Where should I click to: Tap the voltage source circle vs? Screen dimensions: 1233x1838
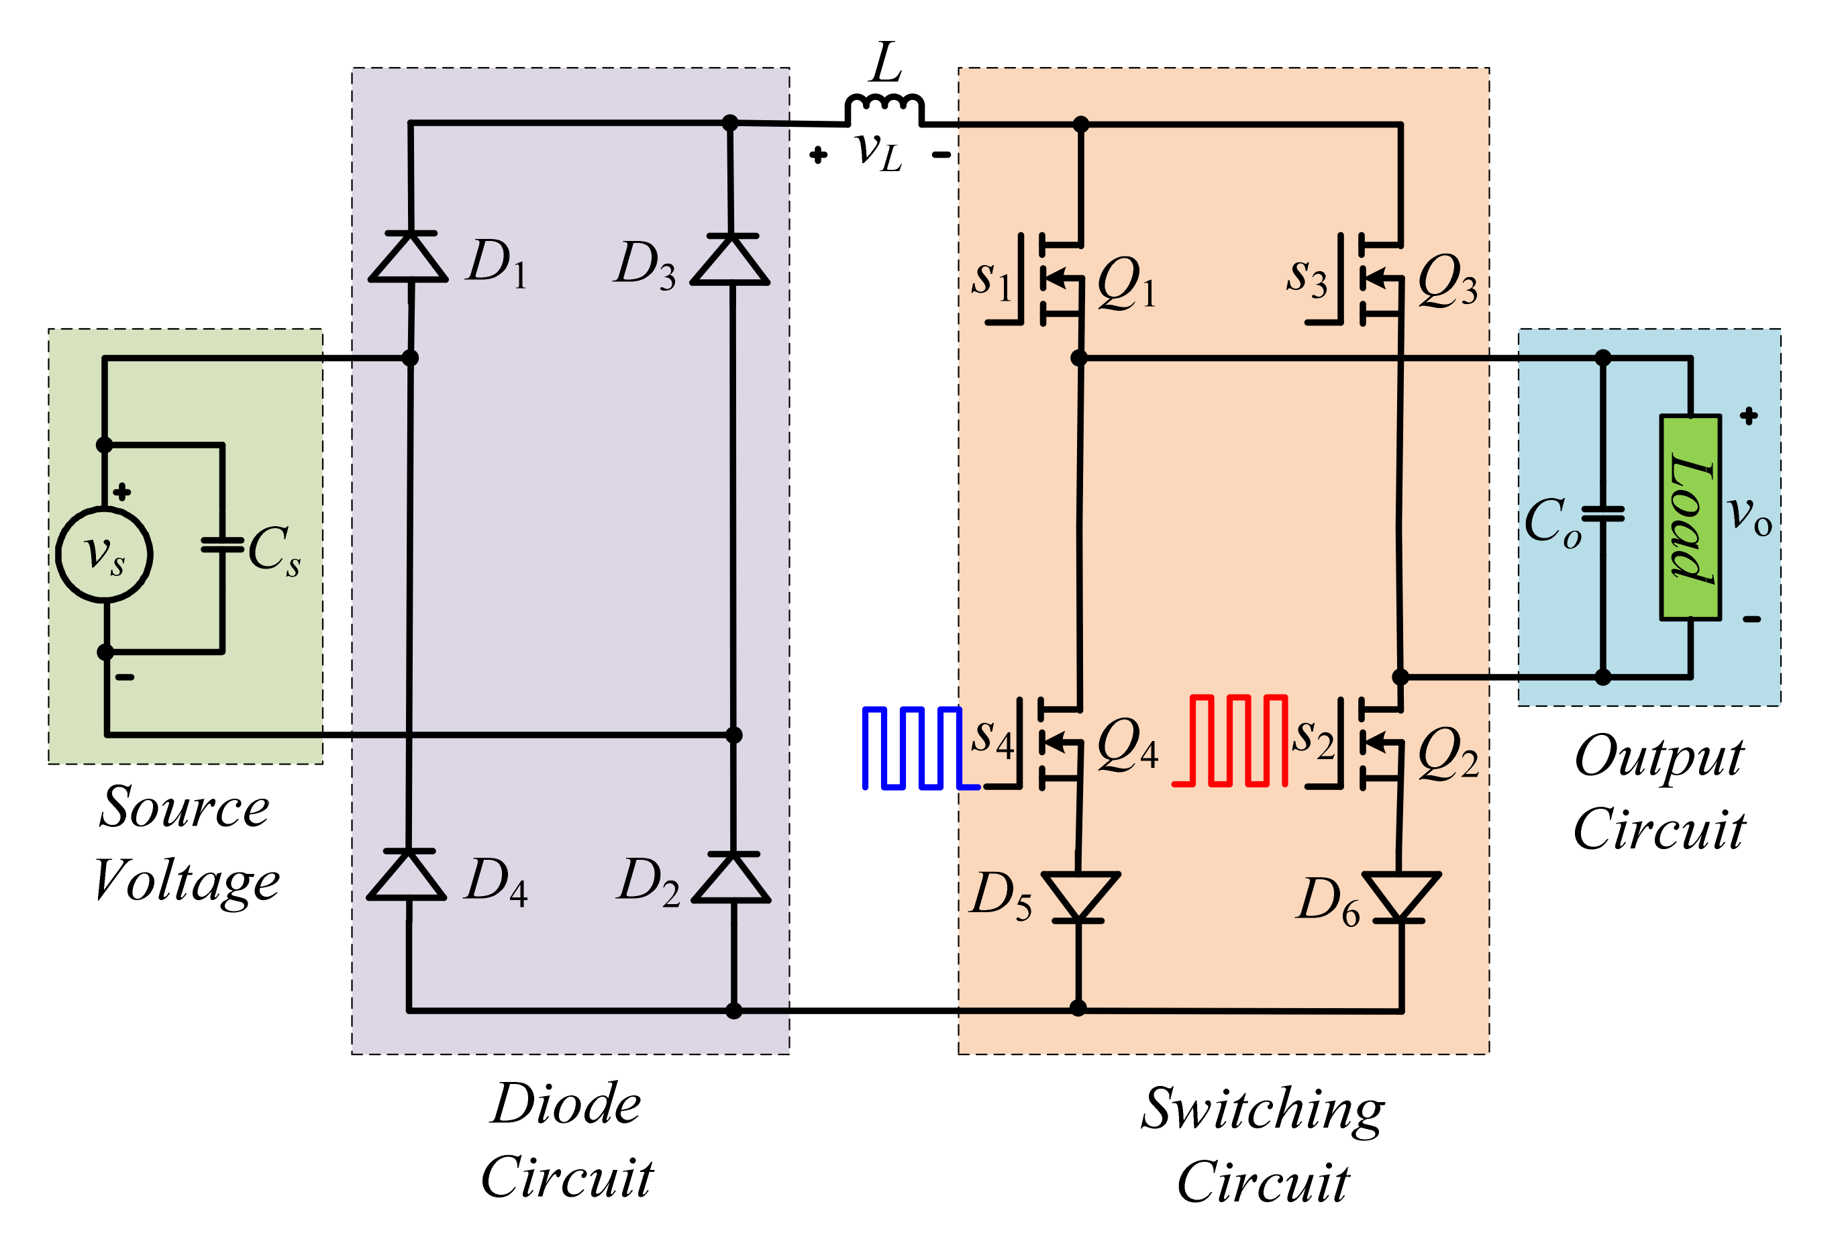[x=105, y=555]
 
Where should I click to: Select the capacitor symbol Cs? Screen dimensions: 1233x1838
[x=223, y=544]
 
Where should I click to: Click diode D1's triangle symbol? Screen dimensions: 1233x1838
[x=409, y=257]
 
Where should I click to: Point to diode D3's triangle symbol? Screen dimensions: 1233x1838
[x=730, y=260]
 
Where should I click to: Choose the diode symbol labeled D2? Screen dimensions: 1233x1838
[x=732, y=877]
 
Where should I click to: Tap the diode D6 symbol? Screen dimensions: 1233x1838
[x=1401, y=897]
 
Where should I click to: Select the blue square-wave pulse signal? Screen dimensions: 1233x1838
[x=916, y=748]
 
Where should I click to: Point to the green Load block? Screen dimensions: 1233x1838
[x=1690, y=517]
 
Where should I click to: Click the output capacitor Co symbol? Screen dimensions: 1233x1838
[x=1603, y=514]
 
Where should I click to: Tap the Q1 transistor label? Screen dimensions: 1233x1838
[x=1126, y=283]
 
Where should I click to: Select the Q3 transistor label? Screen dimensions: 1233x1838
[x=1447, y=281]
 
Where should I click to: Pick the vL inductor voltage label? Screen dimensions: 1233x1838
[x=879, y=151]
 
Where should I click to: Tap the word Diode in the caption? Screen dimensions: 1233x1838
[x=566, y=1104]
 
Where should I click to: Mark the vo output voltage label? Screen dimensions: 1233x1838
[x=1750, y=516]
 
